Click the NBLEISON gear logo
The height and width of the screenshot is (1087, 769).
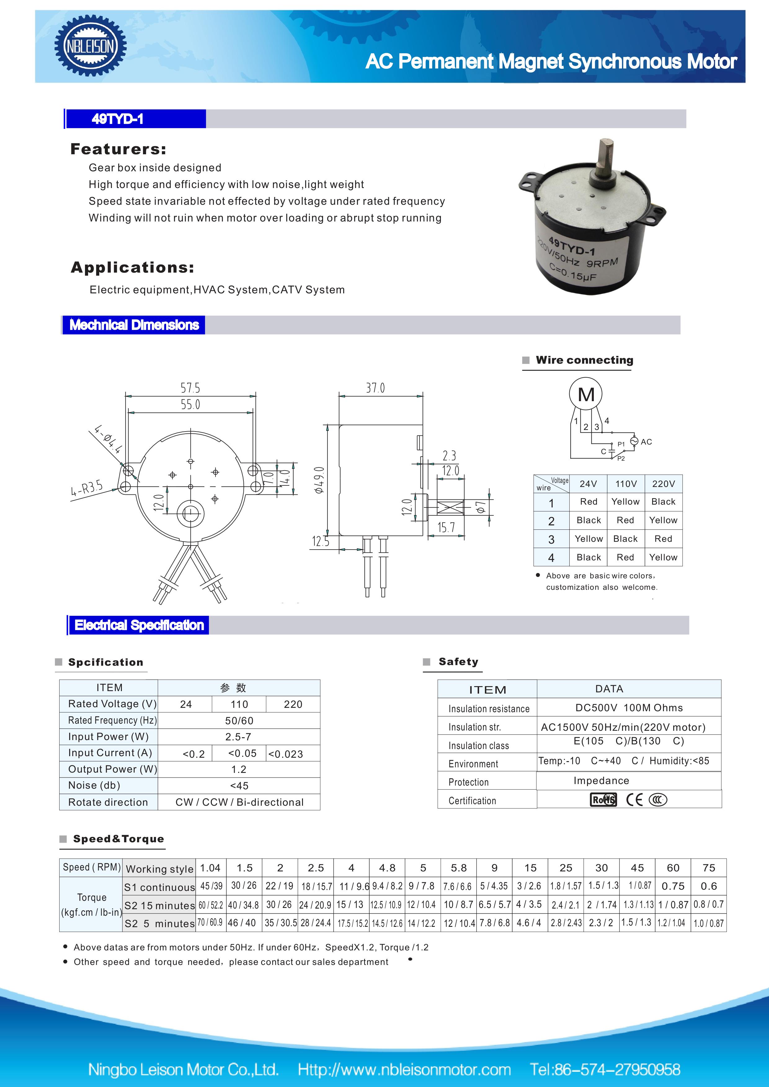[90, 46]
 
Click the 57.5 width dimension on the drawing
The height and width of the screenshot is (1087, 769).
[190, 388]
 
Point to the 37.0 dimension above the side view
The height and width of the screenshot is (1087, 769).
[375, 388]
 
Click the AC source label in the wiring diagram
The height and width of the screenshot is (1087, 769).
[646, 442]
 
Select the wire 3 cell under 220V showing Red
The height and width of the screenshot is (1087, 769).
[663, 539]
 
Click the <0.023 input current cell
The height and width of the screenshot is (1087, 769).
[286, 754]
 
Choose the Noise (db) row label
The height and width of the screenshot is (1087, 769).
[94, 785]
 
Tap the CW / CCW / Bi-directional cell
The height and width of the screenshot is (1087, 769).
[239, 802]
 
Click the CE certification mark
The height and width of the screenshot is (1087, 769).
[634, 800]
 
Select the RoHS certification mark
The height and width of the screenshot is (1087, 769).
[603, 800]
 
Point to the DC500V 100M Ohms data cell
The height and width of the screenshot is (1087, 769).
[629, 708]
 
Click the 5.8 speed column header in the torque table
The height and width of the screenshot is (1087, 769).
[459, 868]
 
